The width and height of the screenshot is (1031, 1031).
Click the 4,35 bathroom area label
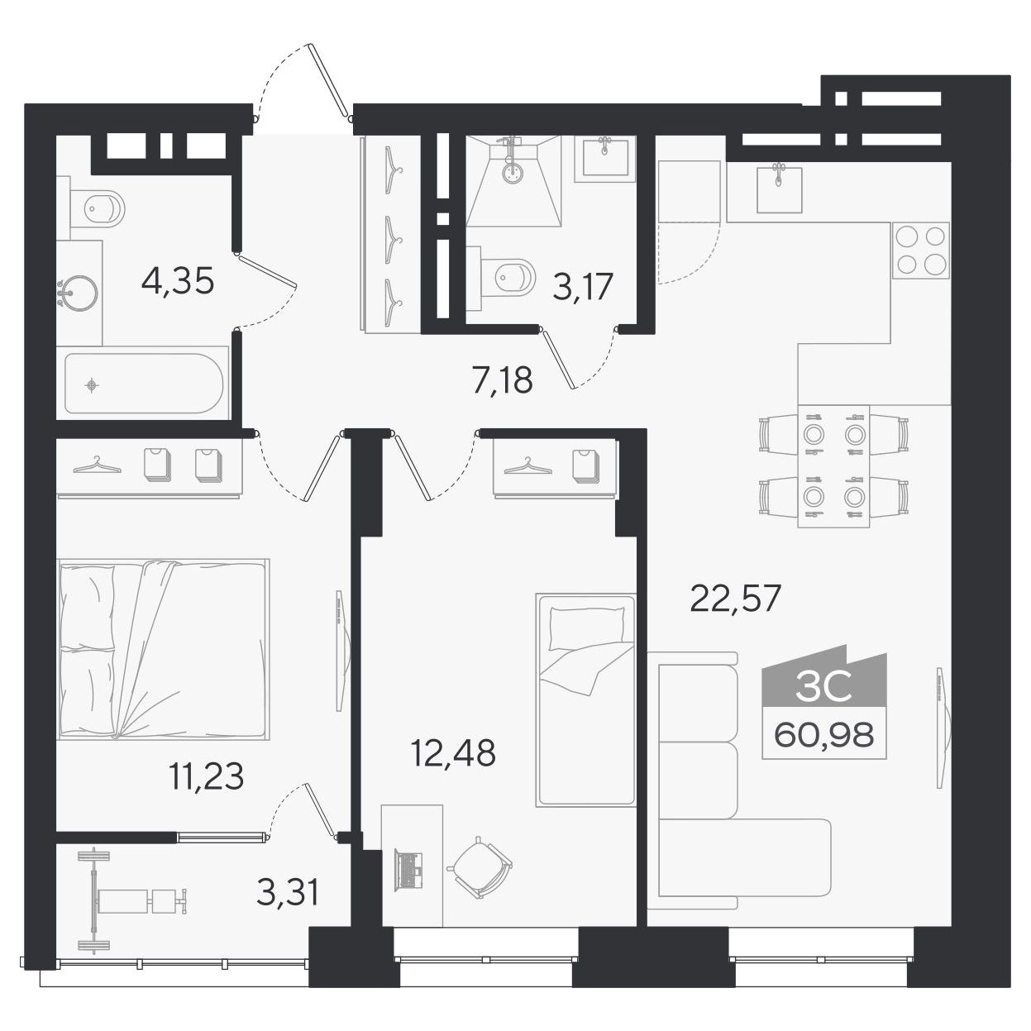click(178, 281)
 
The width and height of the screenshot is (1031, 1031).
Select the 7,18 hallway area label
click(503, 379)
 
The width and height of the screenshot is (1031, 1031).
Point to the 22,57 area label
click(735, 598)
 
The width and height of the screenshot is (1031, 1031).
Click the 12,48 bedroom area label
click(453, 752)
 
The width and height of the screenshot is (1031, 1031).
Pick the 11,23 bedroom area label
click(207, 776)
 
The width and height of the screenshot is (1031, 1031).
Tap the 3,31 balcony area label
click(288, 892)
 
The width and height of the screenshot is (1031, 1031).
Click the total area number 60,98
click(824, 735)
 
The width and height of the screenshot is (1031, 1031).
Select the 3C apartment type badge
click(824, 688)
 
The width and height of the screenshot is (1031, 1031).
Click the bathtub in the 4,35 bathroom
click(143, 383)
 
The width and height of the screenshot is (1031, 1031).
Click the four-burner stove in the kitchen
click(920, 251)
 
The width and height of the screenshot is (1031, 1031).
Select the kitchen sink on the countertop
click(779, 189)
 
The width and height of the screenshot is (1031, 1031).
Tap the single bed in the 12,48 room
click(586, 699)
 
